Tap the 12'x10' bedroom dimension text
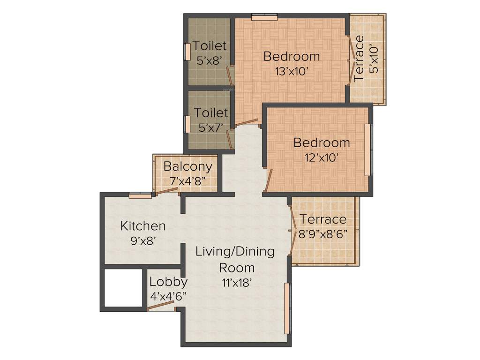[322, 157]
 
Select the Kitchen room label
[143, 226]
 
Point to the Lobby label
[168, 282]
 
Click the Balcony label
[187, 166]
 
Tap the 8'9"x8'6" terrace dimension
[323, 234]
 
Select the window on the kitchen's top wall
[140, 196]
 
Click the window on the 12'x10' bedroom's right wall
[369, 150]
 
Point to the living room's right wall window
[287, 307]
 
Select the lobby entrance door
[161, 305]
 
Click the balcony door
[167, 190]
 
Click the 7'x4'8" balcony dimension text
[187, 181]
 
